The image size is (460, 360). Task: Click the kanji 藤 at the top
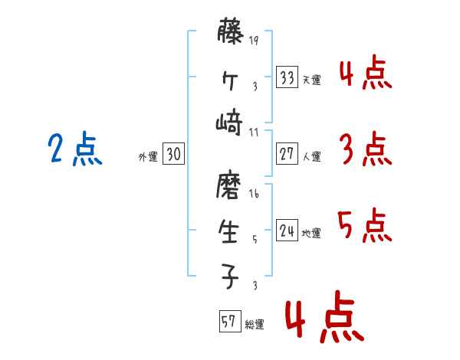pos(230,34)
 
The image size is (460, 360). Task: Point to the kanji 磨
pos(230,186)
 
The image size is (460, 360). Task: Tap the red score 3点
pos(365,149)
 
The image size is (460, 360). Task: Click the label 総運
pos(255,325)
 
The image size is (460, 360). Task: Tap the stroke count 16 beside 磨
pos(254,195)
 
